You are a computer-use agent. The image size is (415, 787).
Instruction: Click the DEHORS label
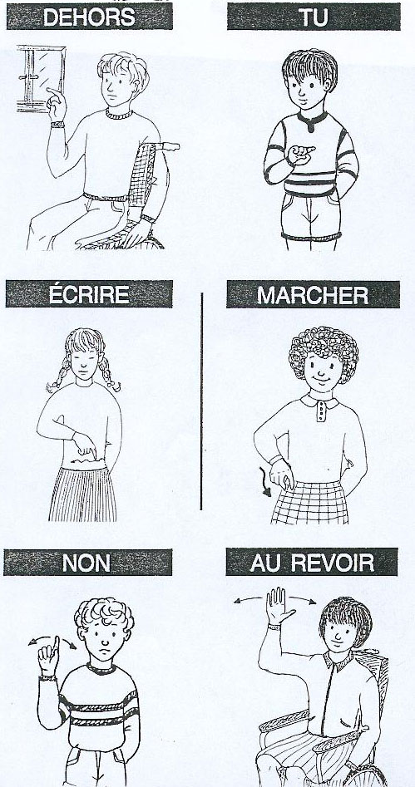[x=89, y=17]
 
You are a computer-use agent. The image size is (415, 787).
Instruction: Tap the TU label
[x=314, y=17]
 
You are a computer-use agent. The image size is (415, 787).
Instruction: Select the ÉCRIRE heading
[x=89, y=294]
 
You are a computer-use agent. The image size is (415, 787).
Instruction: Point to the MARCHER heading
[x=313, y=295]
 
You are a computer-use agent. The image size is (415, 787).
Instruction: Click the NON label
[x=86, y=563]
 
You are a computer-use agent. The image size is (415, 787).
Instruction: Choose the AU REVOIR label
[x=312, y=562]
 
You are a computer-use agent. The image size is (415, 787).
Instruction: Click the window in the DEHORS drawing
[x=42, y=78]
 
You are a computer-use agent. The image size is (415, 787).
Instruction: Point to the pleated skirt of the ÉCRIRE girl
[x=83, y=494]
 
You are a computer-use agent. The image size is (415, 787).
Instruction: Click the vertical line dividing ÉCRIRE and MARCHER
[x=201, y=401]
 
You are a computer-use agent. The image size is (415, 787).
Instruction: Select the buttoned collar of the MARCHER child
[x=320, y=406]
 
